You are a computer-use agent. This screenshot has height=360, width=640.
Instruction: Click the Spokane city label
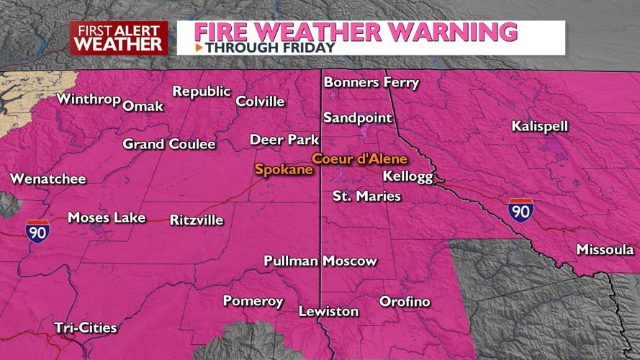pos(283,170)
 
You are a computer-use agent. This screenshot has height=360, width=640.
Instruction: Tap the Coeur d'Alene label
pos(359,158)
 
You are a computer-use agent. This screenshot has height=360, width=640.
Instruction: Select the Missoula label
pos(605,250)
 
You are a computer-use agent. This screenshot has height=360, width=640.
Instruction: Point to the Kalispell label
pos(540,127)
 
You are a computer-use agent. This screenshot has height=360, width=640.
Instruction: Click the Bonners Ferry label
pos(371,82)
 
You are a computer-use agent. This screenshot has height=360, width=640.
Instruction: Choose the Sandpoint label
pos(357,117)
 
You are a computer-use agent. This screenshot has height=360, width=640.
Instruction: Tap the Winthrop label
pos(88,99)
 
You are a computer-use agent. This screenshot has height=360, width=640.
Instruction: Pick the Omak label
pos(143,107)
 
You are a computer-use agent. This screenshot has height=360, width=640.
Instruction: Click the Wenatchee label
pos(48,179)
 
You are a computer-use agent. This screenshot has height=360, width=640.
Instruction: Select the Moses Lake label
pos(106,217)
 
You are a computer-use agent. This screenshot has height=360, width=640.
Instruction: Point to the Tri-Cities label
pos(85,328)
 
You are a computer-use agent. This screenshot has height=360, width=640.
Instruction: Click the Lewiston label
pos(328,312)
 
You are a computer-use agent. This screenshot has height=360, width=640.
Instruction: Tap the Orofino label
pos(405,302)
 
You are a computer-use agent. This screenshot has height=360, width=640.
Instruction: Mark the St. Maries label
pos(366,196)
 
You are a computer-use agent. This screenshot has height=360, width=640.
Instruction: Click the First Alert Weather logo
pos(119,37)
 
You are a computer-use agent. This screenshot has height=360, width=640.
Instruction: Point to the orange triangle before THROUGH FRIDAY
pos(199,48)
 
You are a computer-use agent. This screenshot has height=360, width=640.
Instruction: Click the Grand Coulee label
pos(169,144)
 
